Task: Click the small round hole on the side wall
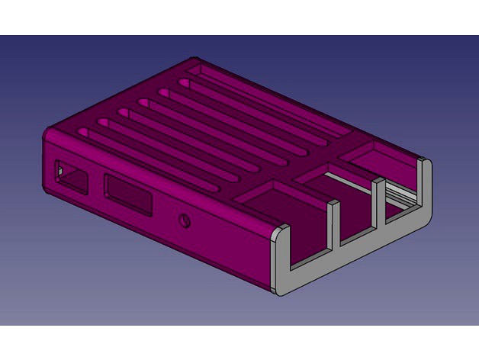coord(185,222)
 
